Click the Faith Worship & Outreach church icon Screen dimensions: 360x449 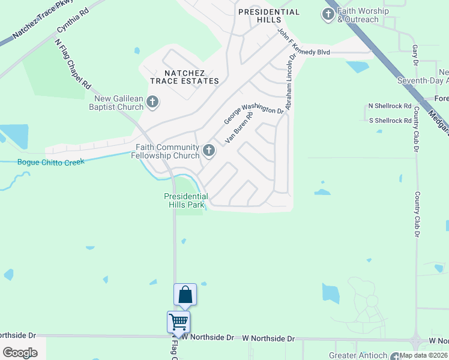328,15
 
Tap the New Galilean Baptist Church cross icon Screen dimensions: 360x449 152,102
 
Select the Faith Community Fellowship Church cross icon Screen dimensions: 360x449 209,151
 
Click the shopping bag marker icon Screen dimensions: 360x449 185,295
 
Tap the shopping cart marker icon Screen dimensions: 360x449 179,322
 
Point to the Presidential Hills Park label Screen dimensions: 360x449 186,200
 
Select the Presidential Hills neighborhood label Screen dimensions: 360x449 269,16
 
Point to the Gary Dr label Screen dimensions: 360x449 415,53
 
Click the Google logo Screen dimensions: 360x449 20,352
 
